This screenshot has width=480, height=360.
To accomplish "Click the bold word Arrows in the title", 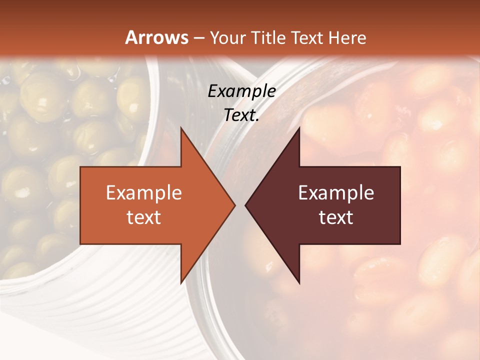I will click(x=156, y=37).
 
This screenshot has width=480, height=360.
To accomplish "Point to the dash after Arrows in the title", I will click(x=198, y=38).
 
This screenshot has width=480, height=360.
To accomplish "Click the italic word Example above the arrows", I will click(x=241, y=91).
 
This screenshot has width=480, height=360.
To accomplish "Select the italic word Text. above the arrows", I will click(x=241, y=115).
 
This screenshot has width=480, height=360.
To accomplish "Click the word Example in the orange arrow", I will click(x=144, y=193).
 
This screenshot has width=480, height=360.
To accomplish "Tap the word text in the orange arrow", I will click(x=144, y=217).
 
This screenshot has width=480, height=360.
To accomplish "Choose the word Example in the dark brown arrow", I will click(x=336, y=193).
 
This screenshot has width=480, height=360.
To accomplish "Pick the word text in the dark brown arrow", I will click(x=336, y=217).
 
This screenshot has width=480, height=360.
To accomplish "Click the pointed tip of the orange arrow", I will click(x=234, y=205).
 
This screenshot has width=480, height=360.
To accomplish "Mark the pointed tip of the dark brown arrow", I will click(x=245, y=205).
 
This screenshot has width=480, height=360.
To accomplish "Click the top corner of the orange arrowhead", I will click(x=181, y=128).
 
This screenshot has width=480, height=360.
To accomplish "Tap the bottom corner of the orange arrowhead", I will click(x=181, y=283).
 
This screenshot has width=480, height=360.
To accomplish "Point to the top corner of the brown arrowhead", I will click(x=299, y=128).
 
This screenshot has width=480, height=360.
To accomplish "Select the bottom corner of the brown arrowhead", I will click(x=299, y=283).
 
